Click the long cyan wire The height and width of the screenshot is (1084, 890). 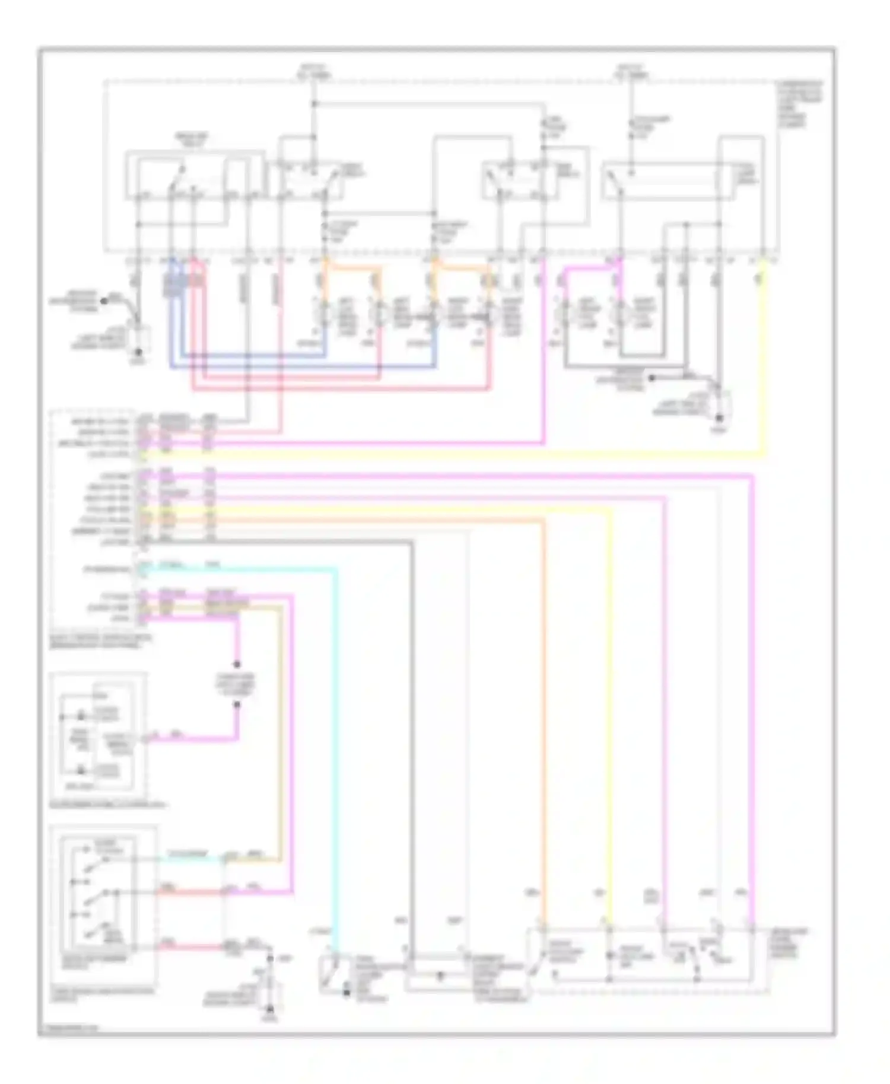point(336,741)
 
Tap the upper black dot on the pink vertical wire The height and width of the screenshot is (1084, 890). point(237,664)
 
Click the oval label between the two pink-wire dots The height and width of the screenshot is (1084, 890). point(237,684)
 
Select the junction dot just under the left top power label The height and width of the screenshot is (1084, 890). point(314,104)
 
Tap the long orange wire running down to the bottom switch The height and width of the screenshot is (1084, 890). point(543,712)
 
